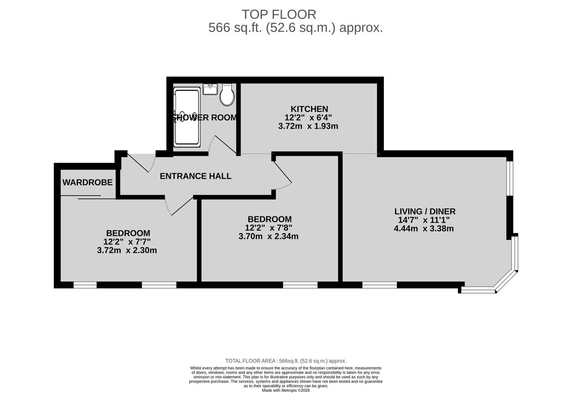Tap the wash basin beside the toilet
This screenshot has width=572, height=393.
pyautogui.click(x=210, y=89)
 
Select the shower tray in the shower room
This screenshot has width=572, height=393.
pyautogui.click(x=187, y=117)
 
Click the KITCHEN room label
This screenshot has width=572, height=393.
pyautogui.click(x=309, y=109)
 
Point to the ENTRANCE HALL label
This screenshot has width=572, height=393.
pyautogui.click(x=196, y=176)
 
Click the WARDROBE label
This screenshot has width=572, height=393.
pyautogui.click(x=88, y=182)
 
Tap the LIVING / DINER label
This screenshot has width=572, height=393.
pyautogui.click(x=425, y=211)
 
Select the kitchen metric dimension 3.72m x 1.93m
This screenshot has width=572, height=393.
pyautogui.click(x=308, y=126)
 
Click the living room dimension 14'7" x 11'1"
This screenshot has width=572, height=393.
pyautogui.click(x=424, y=220)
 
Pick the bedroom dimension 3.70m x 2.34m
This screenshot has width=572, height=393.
pyautogui.click(x=268, y=236)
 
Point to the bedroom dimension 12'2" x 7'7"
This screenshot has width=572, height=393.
pyautogui.click(x=127, y=242)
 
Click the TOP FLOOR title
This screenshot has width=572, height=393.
pyautogui.click(x=279, y=15)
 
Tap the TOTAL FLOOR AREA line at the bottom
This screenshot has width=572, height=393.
pyautogui.click(x=286, y=361)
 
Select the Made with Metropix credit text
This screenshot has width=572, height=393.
pyautogui.click(x=286, y=390)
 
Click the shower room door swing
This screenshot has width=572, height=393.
pyautogui.click(x=222, y=145)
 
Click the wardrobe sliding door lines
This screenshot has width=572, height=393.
pyautogui.click(x=88, y=197)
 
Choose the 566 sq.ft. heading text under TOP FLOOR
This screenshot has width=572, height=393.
pyautogui.click(x=296, y=28)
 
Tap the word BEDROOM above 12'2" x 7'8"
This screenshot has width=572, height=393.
pyautogui.click(x=270, y=219)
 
